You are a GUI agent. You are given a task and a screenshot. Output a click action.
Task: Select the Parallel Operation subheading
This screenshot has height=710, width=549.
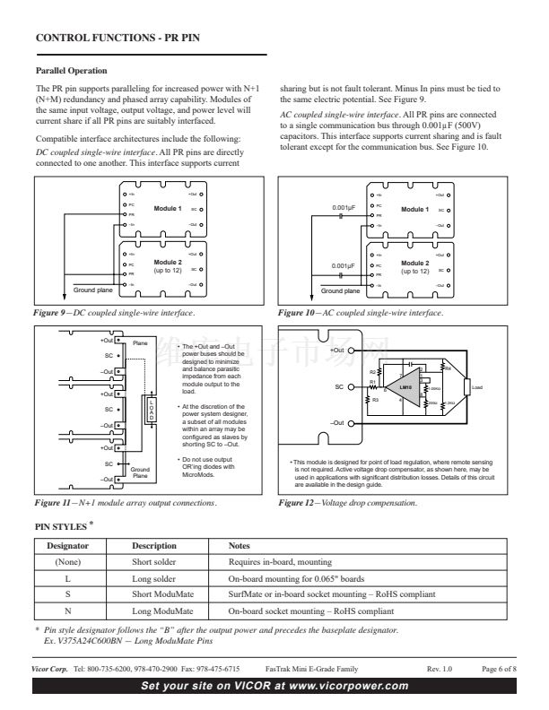point(71,70)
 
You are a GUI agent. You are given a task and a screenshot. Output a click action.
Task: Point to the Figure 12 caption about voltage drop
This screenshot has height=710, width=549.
point(348,503)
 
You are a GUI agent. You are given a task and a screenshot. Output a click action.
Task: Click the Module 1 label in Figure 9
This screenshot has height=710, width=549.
point(167,208)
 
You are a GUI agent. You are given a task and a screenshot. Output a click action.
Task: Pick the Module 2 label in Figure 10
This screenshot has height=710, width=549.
point(414,261)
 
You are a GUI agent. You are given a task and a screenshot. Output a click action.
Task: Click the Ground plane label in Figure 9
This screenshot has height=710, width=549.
point(91,290)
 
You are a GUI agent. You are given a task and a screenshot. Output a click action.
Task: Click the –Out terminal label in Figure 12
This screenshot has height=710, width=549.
point(337,422)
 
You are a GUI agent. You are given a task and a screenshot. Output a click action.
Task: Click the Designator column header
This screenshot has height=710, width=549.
point(67,546)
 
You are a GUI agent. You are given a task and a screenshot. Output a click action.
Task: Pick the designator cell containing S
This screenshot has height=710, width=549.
point(67,593)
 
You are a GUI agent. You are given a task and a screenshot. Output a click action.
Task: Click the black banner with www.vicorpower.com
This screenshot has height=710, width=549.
point(274,687)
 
